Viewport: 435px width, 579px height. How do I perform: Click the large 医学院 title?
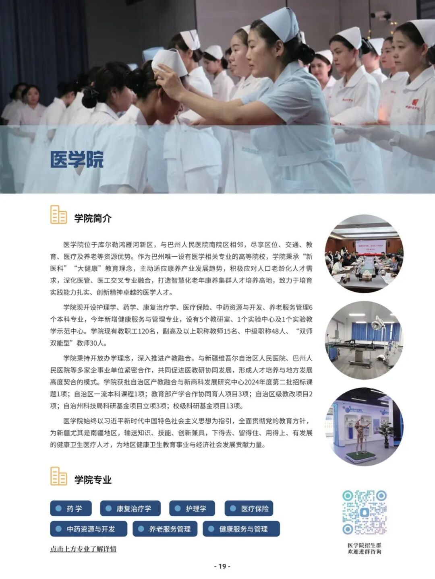77,159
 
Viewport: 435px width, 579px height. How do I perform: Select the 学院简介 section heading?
93,218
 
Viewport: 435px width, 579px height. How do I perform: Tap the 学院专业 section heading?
93,480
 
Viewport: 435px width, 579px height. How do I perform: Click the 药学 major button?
71,508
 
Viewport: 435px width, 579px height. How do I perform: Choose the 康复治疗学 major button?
130,508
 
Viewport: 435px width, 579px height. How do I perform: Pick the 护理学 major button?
192,508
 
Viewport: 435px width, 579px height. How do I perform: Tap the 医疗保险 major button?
249,508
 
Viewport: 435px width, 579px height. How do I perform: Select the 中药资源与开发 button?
89,529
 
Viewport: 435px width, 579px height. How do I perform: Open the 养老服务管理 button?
165,529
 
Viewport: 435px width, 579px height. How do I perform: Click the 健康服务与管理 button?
241,529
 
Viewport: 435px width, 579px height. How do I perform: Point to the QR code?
365,512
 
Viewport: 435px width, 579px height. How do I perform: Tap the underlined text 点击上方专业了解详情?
83,549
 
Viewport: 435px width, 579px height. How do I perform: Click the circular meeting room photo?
364,254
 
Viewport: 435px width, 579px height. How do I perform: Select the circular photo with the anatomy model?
364,427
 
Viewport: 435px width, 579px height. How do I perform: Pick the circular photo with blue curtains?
364,340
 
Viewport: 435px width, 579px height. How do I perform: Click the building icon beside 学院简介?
58,214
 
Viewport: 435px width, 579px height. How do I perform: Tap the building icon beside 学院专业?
58,476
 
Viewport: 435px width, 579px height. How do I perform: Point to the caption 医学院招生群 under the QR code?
365,545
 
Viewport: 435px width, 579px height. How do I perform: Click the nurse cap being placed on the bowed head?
169,62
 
